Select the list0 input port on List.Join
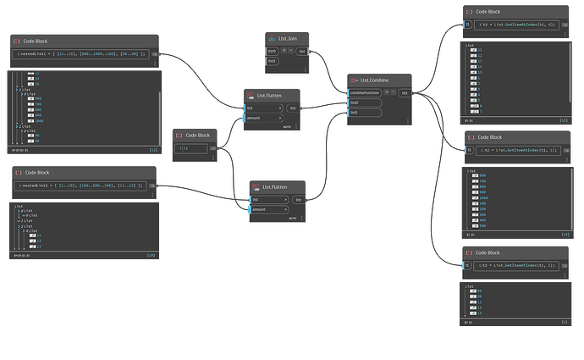(273, 52)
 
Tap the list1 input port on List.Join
(273, 61)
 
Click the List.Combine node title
(372, 79)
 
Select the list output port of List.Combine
(405, 92)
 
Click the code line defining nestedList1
(81, 53)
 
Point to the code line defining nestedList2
(80, 184)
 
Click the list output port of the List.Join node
(302, 52)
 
